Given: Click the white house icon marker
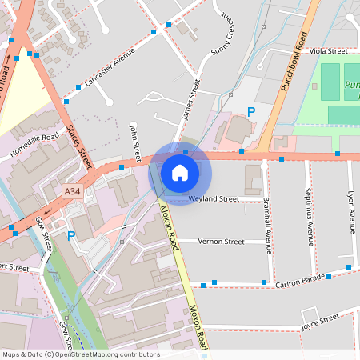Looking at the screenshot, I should pos(180,172).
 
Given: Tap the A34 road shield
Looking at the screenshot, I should pos(73,191).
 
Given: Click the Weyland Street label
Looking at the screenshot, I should pos(214,198).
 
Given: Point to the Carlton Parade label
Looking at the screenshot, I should pos(300,280).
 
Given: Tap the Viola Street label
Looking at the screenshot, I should pos(329,50).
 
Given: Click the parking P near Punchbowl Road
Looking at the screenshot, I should pos(251,113).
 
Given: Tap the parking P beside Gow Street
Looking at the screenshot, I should pos(71,236).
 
